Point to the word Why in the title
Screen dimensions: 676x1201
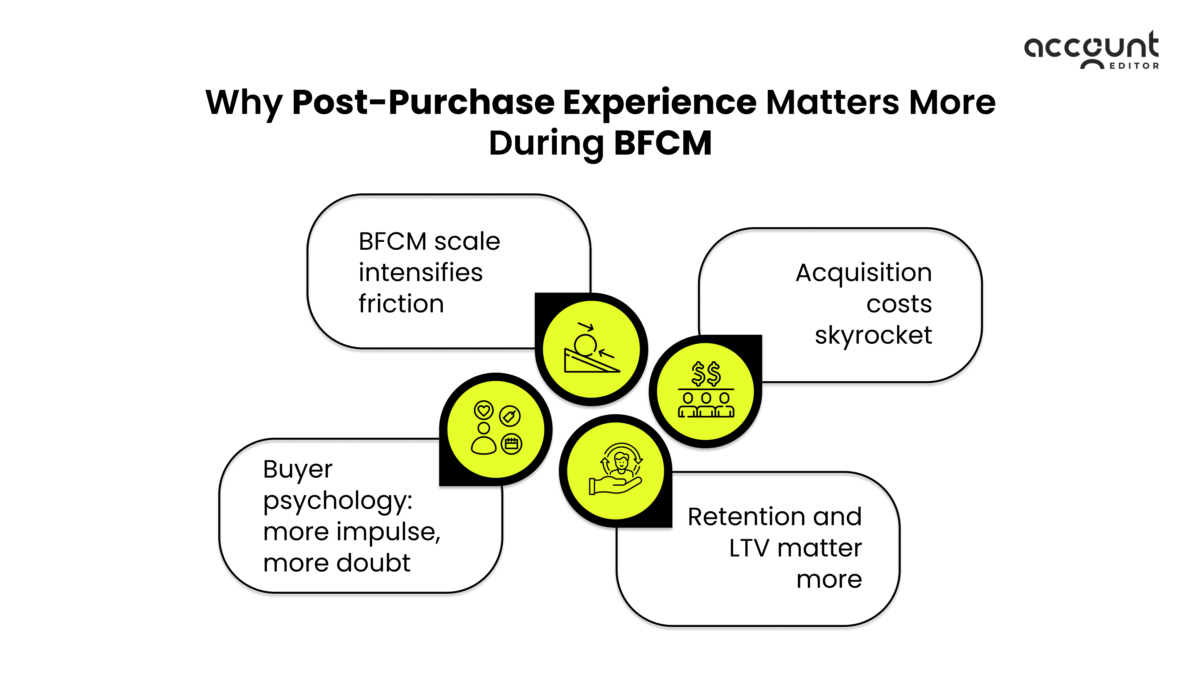244,102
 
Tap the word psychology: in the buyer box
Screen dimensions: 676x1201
338,501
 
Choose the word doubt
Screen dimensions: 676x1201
373,563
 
